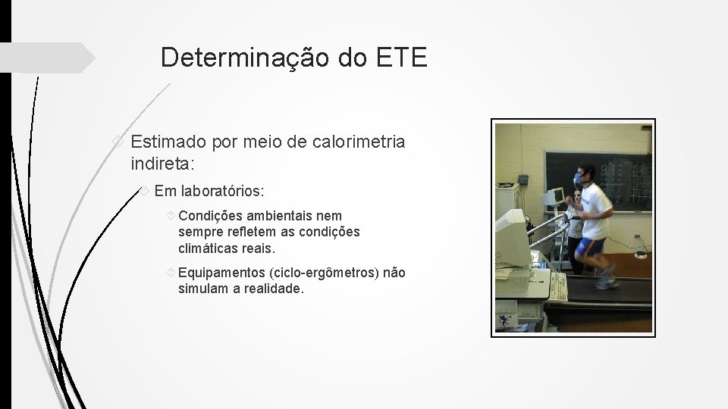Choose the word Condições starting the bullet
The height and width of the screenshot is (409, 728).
click(x=212, y=216)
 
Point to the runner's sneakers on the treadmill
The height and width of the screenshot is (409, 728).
click(x=605, y=282)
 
